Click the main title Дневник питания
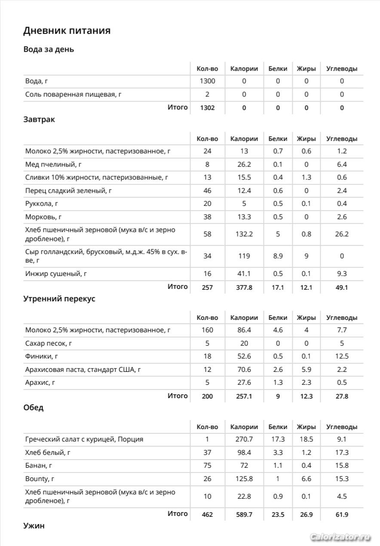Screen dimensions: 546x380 coord(67,31)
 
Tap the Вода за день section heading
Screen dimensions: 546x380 coord(49,49)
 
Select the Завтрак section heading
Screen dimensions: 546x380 coord(39,120)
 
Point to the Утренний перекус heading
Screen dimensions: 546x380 coord(59,299)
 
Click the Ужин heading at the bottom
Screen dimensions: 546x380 coord(34,526)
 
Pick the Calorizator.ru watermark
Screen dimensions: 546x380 coord(340,537)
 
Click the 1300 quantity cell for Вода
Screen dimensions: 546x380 coord(207,81)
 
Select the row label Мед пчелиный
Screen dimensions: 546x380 coord(53,164)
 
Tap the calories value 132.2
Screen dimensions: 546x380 coord(244,234)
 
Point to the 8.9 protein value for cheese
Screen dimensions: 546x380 coord(278,256)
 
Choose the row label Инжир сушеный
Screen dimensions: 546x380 coord(55,273)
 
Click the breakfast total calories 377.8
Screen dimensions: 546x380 coord(244,287)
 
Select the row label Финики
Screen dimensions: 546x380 coord(42,356)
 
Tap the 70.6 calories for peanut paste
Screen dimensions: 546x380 coord(244,369)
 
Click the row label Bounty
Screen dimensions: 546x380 coord(40,479)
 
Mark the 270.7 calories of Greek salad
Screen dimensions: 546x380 coord(244,439)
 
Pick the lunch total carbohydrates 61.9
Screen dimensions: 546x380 coord(342,514)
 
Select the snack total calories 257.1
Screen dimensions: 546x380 coord(244,396)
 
